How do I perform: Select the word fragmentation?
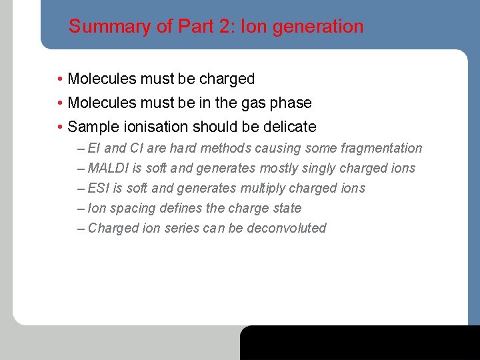click(x=381, y=148)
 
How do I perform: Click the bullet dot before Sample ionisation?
click(x=60, y=127)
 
